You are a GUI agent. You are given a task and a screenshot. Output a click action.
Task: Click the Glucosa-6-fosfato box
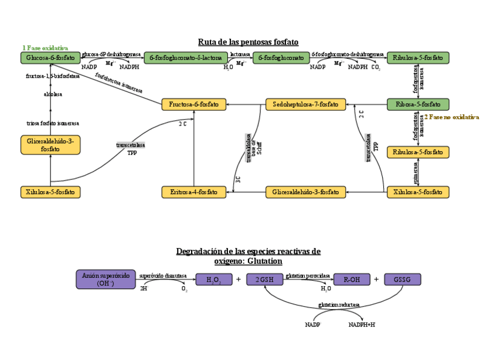(x=50, y=57)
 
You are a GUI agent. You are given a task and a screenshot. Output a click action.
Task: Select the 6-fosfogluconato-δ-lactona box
(x=185, y=57)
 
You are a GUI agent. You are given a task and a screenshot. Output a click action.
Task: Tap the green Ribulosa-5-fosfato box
(x=418, y=57)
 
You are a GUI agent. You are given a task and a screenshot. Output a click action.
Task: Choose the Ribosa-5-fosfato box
(x=418, y=104)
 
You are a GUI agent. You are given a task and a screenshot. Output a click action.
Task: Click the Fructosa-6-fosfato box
(x=193, y=104)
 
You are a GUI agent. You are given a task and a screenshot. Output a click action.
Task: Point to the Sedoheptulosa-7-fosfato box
(x=305, y=104)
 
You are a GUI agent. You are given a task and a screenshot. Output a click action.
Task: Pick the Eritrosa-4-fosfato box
(x=193, y=192)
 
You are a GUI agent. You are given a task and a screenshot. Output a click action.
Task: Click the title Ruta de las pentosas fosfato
(x=248, y=42)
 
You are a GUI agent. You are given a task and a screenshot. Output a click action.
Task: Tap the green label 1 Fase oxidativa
(x=45, y=47)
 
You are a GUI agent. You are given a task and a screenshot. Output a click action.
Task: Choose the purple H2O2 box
(x=213, y=280)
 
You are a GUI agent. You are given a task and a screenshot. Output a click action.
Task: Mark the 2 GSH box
(x=264, y=280)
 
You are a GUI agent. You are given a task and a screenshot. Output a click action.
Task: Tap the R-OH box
(x=352, y=280)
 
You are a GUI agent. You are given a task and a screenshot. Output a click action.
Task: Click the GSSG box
(x=402, y=280)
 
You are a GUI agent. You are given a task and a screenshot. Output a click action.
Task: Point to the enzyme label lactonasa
(x=240, y=54)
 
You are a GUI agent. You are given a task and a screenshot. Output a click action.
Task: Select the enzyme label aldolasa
(x=53, y=94)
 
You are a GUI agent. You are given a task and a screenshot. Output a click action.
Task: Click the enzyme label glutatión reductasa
(x=339, y=305)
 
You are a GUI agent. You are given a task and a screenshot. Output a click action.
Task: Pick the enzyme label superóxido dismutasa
(x=163, y=276)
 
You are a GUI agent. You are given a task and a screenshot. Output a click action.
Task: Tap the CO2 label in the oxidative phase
(x=376, y=67)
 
